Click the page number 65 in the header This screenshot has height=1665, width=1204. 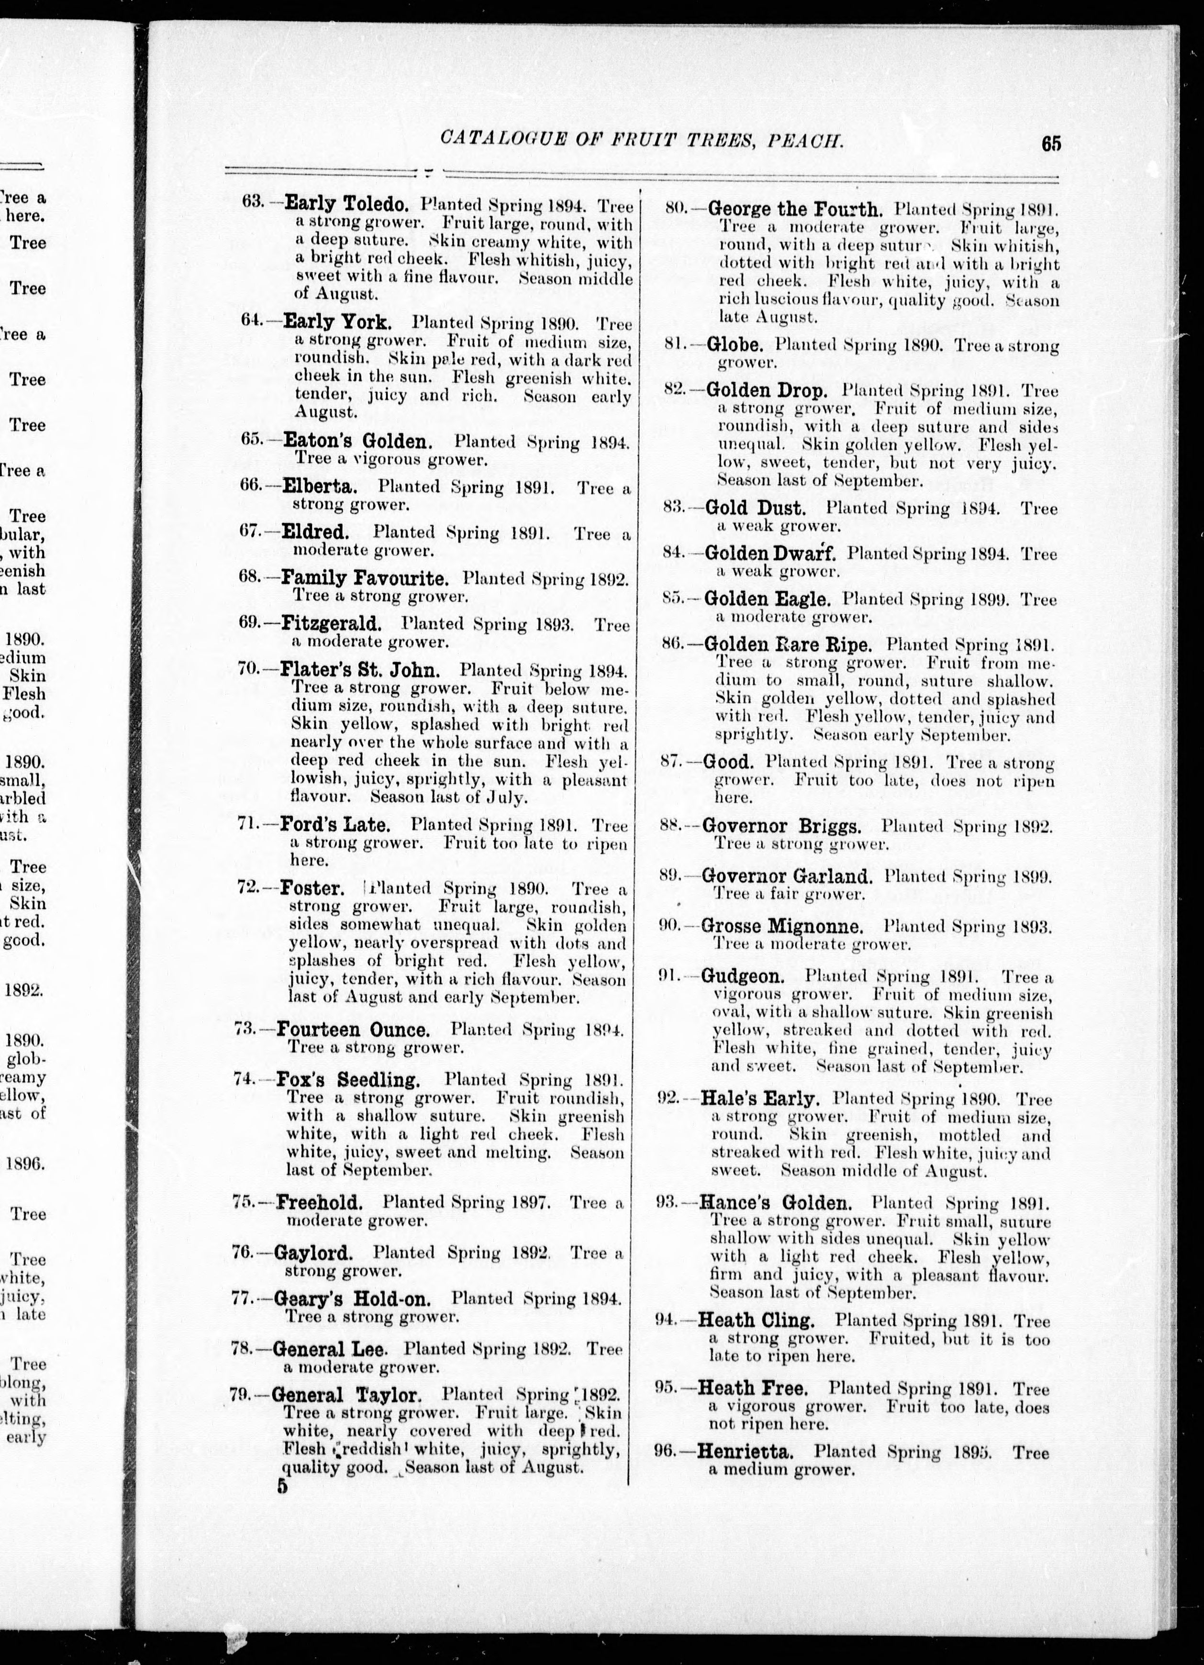point(1050,143)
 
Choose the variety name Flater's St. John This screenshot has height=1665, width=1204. point(360,670)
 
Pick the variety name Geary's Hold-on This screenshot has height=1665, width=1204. point(356,1299)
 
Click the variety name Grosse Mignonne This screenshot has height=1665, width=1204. point(782,926)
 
